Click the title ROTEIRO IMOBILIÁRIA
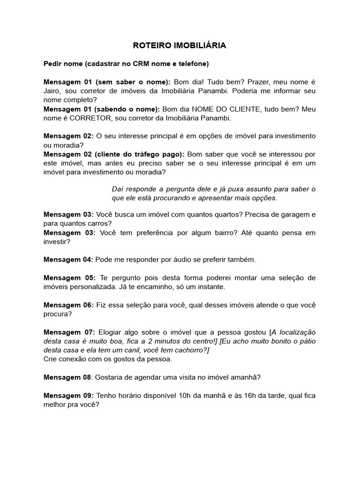pos(180,45)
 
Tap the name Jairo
pos(52,90)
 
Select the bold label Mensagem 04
pos(68,259)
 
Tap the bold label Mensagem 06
pos(68,305)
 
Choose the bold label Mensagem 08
pos(68,377)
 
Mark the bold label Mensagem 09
pos(68,395)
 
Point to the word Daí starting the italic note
pos(119,189)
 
